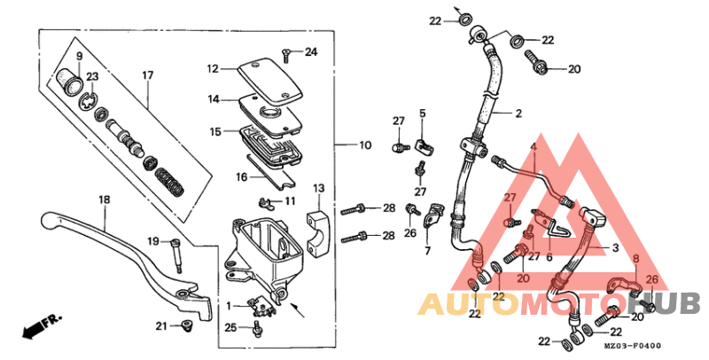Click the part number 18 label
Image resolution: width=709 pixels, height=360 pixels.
(x=104, y=201)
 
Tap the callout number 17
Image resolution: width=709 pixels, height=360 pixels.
(x=148, y=75)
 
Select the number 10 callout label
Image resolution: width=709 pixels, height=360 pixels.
(x=364, y=145)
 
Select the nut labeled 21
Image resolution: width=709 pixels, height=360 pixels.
(x=186, y=327)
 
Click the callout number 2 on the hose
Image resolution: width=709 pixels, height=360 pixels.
(x=518, y=113)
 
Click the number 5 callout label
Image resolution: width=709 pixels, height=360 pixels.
(x=423, y=113)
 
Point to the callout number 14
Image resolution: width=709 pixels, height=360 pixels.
(x=214, y=99)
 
